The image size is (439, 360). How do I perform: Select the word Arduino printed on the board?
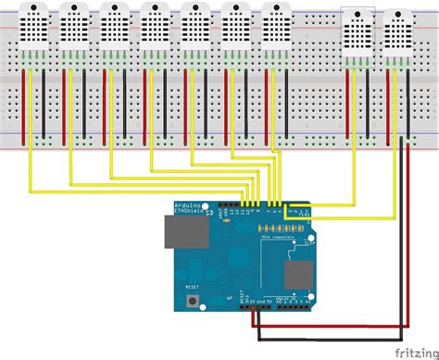coord(186,205)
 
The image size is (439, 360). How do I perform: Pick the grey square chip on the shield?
coord(298,274)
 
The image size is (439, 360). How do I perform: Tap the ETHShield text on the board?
coord(187,212)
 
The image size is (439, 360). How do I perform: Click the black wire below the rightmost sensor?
coord(408,102)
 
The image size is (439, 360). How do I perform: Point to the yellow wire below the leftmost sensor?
coord(32,102)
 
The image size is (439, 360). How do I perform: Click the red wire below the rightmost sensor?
coord(388,102)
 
